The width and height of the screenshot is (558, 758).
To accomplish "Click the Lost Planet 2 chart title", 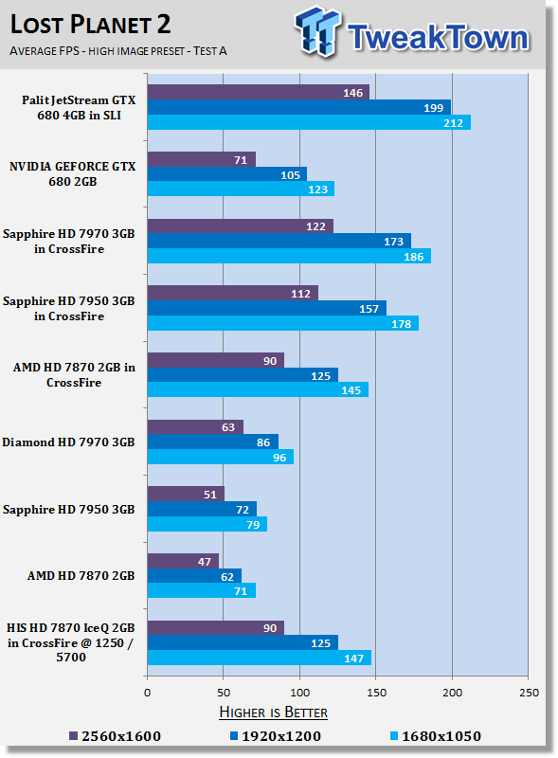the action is click(x=90, y=25).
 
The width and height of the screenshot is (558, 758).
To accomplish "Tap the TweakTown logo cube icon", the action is click(x=317, y=31).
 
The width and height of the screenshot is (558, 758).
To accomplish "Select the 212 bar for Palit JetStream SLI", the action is click(x=309, y=123).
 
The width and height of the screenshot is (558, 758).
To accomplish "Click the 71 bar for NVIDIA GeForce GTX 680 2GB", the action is click(x=202, y=159).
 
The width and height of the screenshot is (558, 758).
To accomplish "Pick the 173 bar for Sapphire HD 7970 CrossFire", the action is click(x=279, y=242).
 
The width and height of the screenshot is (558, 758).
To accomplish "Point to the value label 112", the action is click(x=300, y=294).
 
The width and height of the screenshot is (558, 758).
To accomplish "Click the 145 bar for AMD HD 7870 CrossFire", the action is click(x=258, y=389).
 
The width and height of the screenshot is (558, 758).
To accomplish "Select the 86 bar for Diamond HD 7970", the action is click(x=213, y=442).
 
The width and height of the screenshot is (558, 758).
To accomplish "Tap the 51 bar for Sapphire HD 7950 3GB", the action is click(x=186, y=494).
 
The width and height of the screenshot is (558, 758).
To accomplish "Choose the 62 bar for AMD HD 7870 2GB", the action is click(x=194, y=576).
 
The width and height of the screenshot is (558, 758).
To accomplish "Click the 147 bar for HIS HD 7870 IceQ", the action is click(x=260, y=658).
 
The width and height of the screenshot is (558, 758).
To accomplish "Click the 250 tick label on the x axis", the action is click(x=529, y=693).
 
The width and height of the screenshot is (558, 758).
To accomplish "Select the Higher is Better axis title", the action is click(x=273, y=713).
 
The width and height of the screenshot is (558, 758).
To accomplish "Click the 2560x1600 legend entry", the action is click(x=115, y=736).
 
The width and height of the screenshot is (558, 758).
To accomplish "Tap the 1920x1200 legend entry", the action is click(x=276, y=736).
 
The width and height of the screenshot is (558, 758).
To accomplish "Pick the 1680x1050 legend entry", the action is click(x=436, y=736).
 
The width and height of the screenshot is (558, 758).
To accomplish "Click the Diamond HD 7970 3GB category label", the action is click(x=68, y=442).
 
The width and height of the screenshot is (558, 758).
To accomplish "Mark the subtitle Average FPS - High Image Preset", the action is click(x=118, y=51).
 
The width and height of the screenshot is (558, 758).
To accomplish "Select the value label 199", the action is click(x=433, y=108).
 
